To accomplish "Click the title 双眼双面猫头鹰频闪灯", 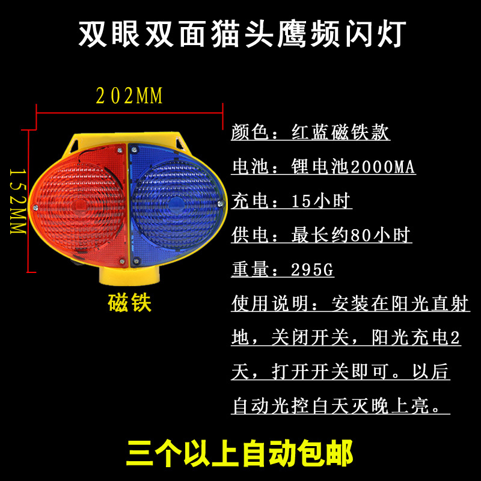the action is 240,35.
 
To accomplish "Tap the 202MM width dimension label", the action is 129,96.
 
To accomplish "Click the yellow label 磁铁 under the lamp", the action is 129,303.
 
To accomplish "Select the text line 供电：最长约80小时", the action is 321,236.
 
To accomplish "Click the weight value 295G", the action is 312,270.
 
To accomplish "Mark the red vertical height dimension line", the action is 28,199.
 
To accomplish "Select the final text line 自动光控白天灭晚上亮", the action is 340,407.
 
